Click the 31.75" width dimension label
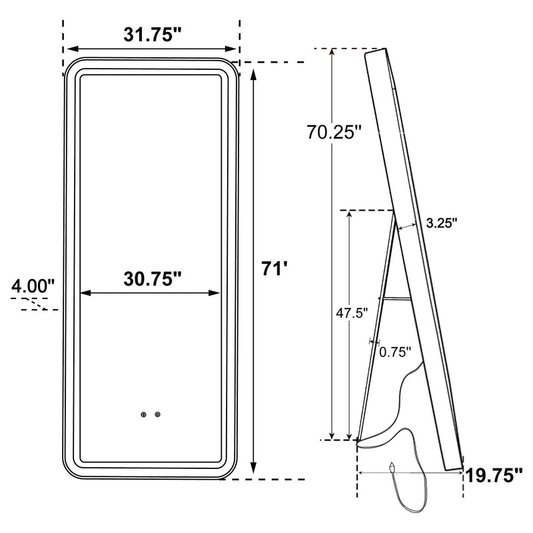(153, 35)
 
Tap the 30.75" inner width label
(153, 278)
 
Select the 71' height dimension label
(275, 269)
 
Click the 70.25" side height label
(334, 131)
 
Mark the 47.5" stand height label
(351, 313)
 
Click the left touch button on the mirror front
(143, 414)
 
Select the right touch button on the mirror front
(158, 414)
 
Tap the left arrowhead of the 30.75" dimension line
(83, 292)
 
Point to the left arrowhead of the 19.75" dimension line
(362, 471)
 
